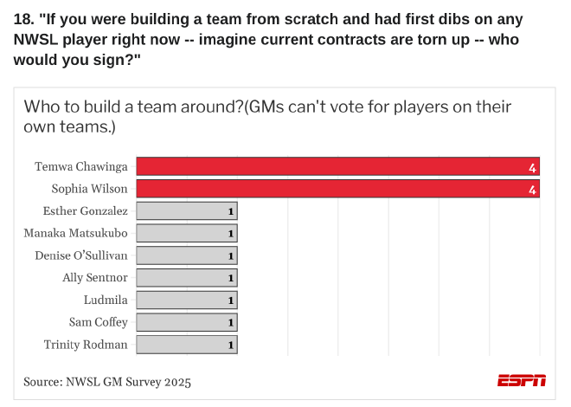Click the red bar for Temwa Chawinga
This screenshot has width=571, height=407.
[x=337, y=166]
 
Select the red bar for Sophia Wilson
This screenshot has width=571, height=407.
[x=337, y=189]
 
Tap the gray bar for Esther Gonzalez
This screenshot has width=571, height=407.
[x=187, y=210]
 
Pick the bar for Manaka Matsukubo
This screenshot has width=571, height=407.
[x=187, y=233]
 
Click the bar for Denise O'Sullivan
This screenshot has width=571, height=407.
[x=187, y=255]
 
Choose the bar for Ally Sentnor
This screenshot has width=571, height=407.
[x=187, y=278]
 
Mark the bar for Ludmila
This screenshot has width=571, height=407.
[x=187, y=300]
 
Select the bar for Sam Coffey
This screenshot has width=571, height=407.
[x=187, y=322]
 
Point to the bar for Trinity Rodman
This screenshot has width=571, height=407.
[x=187, y=345]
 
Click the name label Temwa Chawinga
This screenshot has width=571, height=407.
[x=81, y=166]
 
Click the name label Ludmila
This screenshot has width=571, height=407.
[x=106, y=300]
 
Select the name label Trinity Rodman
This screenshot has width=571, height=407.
[x=86, y=345]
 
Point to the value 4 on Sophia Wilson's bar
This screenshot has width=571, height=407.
[x=533, y=190]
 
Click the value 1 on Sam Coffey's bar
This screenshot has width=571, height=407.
[x=231, y=323]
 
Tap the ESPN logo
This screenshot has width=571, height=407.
[x=522, y=380]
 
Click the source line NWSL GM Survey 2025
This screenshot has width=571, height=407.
[x=107, y=381]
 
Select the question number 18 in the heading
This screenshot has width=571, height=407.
[x=22, y=18]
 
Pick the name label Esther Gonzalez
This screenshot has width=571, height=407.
[x=86, y=210]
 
